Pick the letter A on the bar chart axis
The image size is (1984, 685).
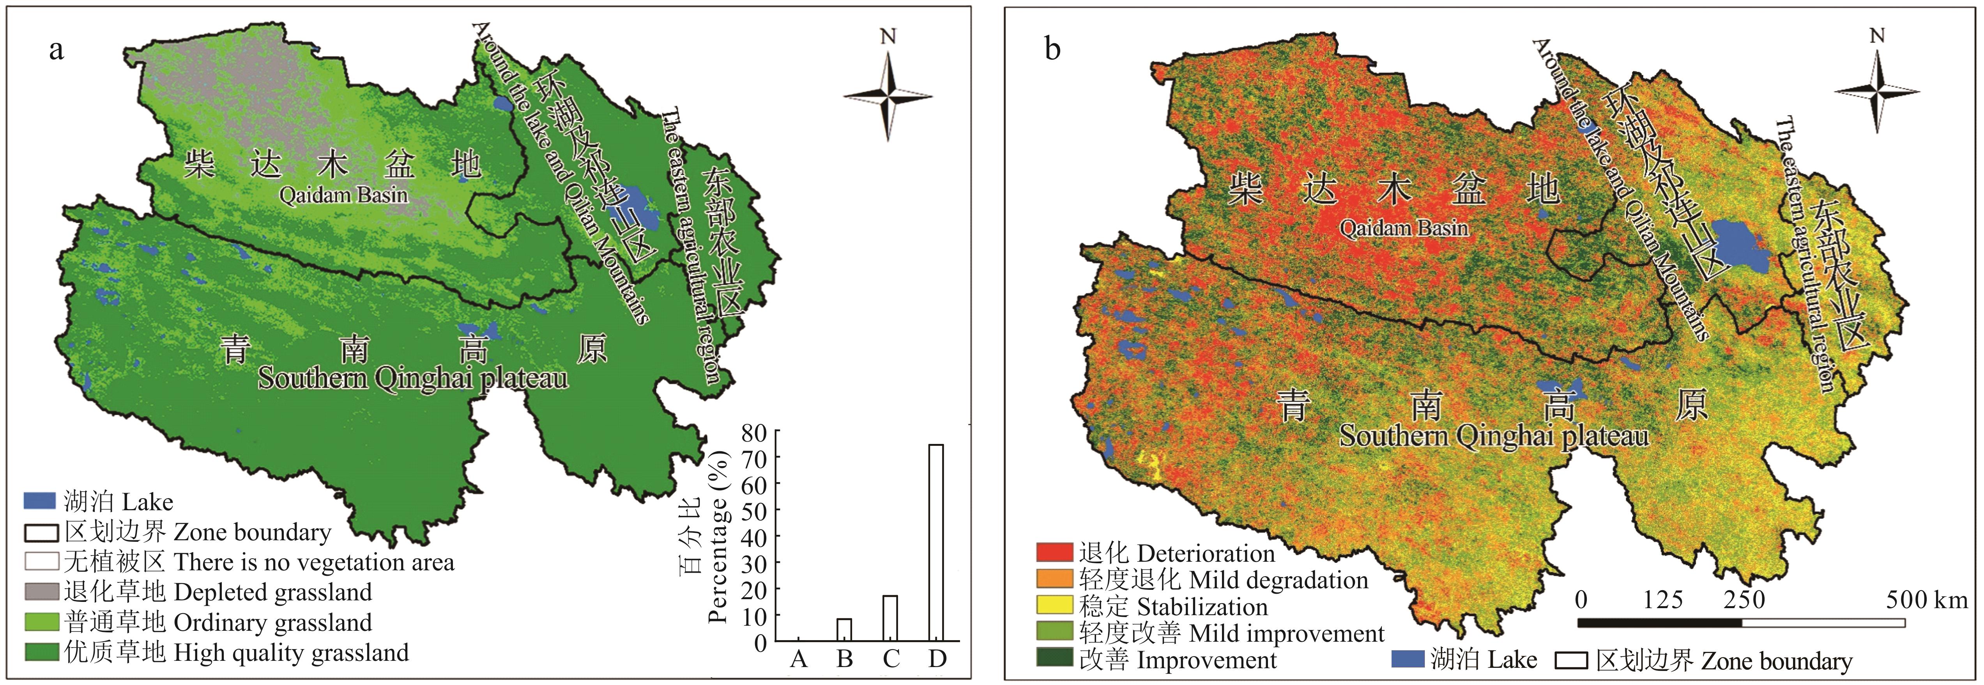click(799, 659)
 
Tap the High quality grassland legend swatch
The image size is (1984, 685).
click(41, 652)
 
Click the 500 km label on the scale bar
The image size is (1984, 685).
click(1926, 600)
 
